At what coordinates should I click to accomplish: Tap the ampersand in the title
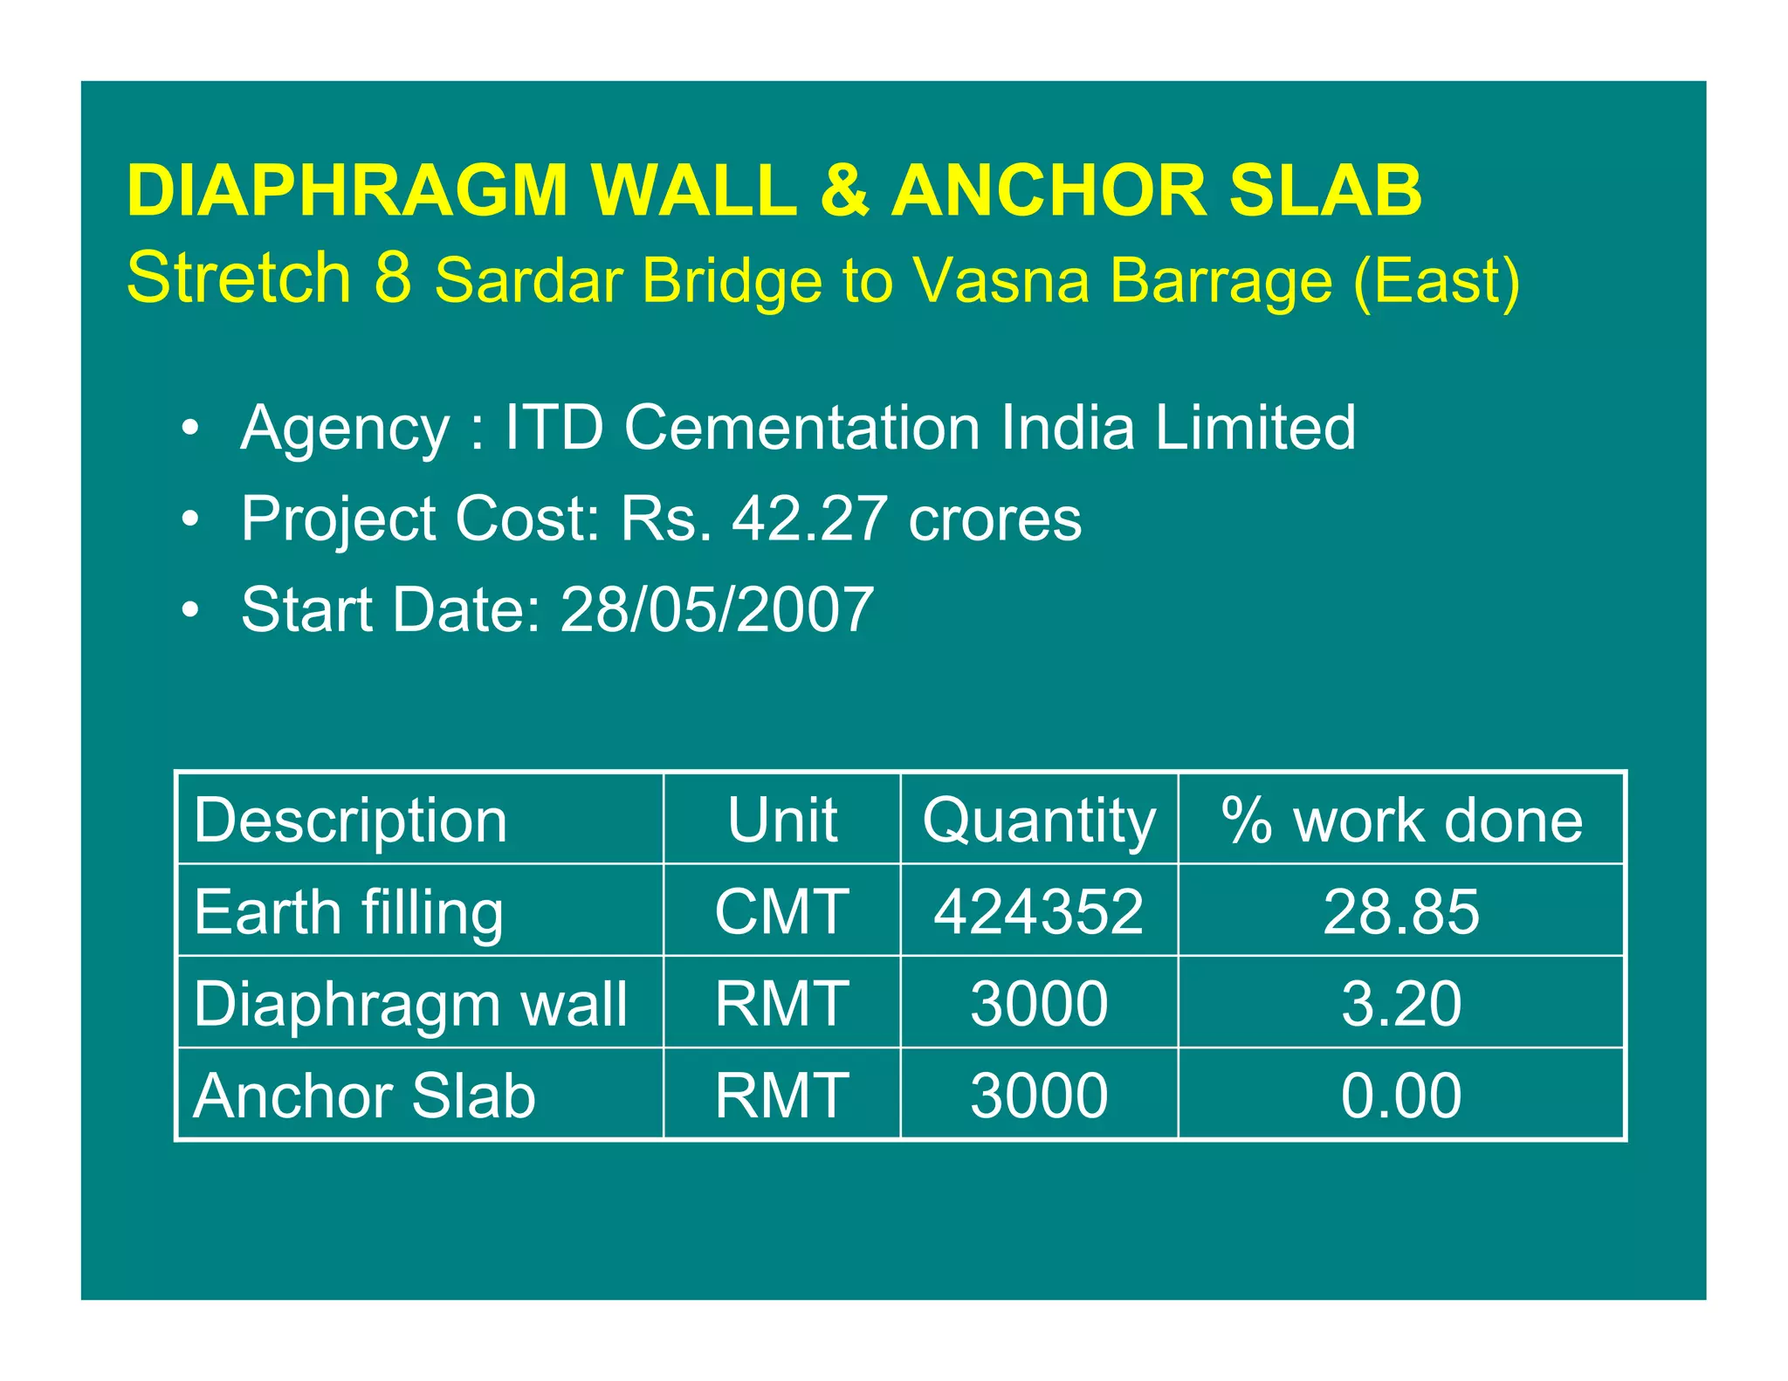click(844, 190)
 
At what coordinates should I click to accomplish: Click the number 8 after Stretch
click(392, 278)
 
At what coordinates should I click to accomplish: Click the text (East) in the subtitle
click(1436, 281)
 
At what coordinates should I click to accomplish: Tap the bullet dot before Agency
click(190, 429)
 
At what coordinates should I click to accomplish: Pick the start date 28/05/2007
click(717, 609)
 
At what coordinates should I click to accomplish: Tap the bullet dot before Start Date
click(190, 609)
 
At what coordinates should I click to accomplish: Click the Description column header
click(350, 821)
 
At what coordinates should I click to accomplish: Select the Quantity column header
click(1039, 821)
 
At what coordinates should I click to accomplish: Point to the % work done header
click(1401, 821)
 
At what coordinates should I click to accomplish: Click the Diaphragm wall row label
click(410, 1004)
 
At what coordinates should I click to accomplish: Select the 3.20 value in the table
click(1401, 1004)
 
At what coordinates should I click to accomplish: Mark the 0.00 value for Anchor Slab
click(1401, 1096)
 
